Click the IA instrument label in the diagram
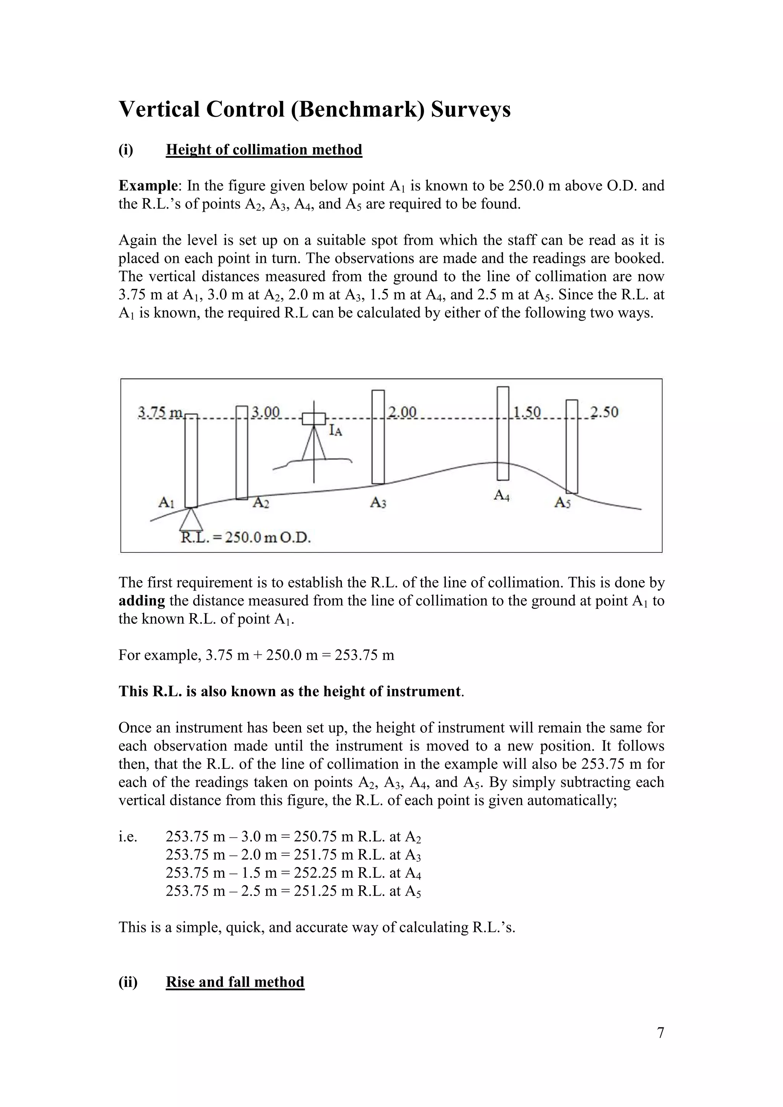point(336,430)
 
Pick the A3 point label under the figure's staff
point(378,503)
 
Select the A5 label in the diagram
point(562,503)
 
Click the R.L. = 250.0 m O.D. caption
point(246,537)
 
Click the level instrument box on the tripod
point(314,419)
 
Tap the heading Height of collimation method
point(264,149)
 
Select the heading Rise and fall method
point(235,982)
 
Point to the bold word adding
point(142,601)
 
